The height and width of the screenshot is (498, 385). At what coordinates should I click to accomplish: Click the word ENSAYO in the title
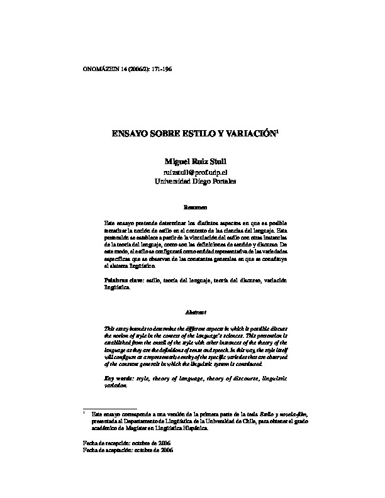click(x=133, y=134)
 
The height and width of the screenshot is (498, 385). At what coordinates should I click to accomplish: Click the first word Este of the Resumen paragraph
click(x=109, y=223)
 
